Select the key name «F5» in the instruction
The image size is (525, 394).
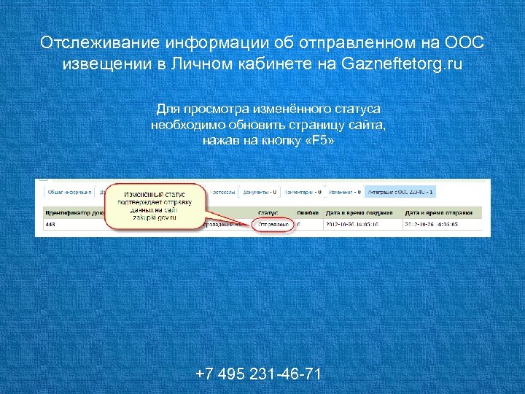319,139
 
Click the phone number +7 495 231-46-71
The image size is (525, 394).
258,374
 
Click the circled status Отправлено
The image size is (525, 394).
273,225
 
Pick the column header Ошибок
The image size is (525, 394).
309,212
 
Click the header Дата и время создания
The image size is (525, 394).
359,212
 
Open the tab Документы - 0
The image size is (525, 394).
259,192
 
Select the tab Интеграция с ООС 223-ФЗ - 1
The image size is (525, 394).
401,192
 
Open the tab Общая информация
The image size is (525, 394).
69,192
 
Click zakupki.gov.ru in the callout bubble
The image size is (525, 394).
155,217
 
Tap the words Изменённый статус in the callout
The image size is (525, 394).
154,195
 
